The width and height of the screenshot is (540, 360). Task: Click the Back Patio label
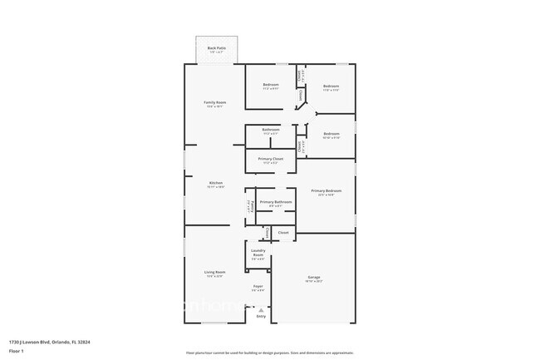(215, 49)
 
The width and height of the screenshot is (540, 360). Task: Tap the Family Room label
(215, 102)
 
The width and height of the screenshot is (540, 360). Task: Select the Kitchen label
(215, 182)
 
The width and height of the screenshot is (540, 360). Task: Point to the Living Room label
(215, 272)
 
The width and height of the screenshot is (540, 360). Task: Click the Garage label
(314, 277)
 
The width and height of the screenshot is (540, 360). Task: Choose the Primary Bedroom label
(326, 190)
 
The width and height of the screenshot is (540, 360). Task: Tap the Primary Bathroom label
(274, 202)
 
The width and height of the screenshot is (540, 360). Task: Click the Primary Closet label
(271, 159)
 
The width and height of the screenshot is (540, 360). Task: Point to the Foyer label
(258, 286)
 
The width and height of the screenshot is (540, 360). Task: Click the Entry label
(261, 316)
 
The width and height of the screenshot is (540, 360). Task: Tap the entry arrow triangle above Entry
(261, 309)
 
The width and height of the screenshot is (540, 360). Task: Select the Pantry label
(248, 208)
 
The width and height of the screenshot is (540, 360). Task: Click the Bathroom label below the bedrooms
(271, 129)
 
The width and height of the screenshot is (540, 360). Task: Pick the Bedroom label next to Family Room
(271, 85)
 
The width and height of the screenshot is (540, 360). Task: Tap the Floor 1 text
(16, 351)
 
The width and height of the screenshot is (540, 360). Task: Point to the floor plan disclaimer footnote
(270, 353)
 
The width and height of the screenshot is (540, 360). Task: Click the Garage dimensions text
(314, 282)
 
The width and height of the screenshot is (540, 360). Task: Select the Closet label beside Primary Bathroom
(283, 233)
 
